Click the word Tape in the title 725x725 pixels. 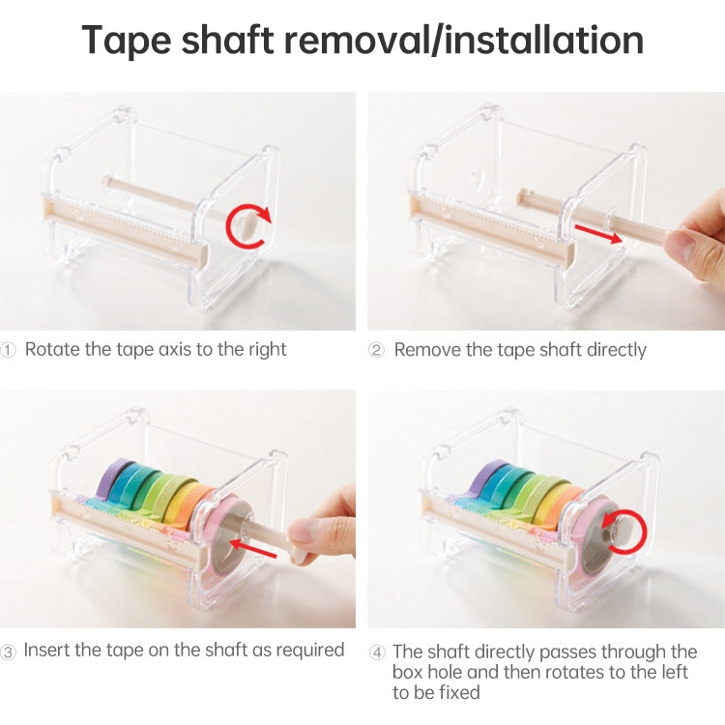[x=130, y=41]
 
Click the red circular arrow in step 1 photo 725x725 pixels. [x=249, y=225]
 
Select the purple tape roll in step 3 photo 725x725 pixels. [x=116, y=478]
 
